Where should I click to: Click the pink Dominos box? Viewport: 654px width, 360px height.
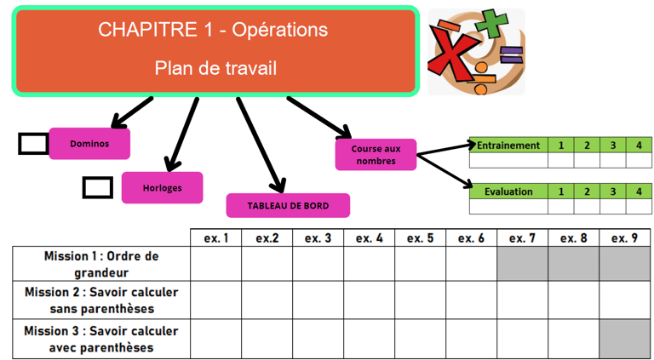89,144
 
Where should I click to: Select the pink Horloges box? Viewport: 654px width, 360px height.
162,187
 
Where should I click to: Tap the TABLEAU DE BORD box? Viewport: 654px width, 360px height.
288,205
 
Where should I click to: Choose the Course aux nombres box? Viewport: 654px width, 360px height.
376,155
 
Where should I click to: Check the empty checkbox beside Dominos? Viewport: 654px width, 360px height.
34,144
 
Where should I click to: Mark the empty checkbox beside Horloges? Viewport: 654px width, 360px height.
98,187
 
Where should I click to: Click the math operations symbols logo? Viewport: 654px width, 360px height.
475,51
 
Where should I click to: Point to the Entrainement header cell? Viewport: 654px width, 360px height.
508,146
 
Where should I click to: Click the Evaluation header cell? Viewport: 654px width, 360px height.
508,191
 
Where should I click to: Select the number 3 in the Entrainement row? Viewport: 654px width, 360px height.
612,146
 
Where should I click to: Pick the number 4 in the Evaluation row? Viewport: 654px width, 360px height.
639,191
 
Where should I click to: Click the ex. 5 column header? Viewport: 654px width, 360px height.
420,238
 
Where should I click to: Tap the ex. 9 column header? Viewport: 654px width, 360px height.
624,238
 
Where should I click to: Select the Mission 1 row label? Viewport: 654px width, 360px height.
101,264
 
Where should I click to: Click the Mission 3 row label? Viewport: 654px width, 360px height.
101,339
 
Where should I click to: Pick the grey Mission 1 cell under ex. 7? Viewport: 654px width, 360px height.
522,264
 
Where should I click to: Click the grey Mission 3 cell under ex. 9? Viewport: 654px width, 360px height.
624,339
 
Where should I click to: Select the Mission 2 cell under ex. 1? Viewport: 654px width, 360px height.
215,300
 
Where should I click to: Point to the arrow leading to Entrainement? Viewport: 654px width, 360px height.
443,148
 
